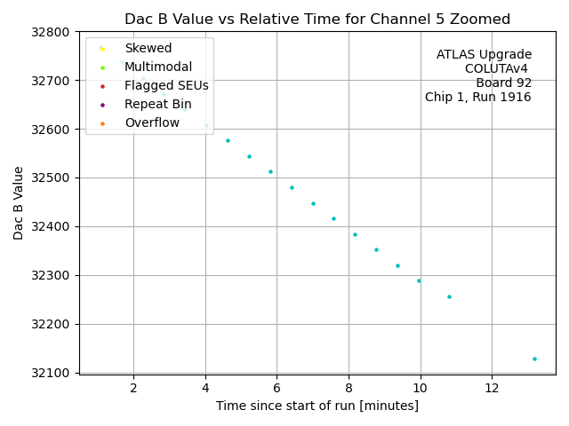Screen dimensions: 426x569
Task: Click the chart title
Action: (x=317, y=19)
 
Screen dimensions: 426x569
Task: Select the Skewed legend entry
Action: (x=148, y=48)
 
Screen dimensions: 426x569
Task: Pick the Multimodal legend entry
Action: (x=158, y=67)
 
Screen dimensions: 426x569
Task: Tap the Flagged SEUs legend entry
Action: (x=166, y=85)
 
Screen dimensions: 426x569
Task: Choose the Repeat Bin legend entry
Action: (x=157, y=104)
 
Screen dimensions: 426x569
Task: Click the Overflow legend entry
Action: (x=152, y=122)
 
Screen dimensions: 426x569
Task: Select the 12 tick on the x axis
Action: (x=492, y=389)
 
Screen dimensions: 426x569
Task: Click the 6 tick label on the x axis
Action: (x=276, y=389)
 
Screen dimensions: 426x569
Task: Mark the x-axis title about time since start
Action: (x=317, y=406)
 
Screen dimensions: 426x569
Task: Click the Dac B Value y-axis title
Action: (x=19, y=202)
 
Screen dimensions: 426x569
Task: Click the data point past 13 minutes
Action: (x=534, y=359)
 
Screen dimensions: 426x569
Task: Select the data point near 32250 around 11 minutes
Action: (x=449, y=296)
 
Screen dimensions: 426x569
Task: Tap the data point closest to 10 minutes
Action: (x=419, y=280)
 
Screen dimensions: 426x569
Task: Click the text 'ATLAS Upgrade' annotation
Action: (x=484, y=55)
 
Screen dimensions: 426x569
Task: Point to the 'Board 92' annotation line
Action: (x=503, y=83)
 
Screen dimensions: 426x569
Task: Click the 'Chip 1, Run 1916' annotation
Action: (x=477, y=98)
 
